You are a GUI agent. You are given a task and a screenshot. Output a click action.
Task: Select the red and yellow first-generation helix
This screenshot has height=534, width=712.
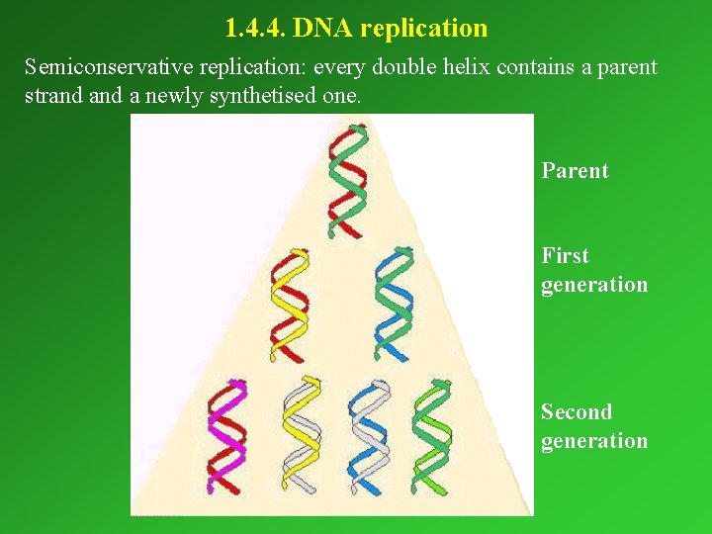point(289,305)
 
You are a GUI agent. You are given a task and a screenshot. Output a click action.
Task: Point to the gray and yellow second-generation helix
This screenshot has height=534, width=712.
point(301,435)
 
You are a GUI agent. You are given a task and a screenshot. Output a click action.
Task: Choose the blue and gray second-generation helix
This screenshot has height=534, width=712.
point(369,435)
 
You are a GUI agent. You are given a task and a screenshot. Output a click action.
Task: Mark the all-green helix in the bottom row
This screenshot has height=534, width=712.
point(431,435)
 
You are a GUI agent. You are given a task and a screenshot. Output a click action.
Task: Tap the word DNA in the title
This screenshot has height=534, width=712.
point(324,28)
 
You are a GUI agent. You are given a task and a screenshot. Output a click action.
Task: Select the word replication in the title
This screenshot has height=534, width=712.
point(424,28)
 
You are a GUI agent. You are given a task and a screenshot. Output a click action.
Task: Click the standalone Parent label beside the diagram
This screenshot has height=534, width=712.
point(575,171)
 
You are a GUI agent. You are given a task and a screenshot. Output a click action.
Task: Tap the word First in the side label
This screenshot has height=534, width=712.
point(565,256)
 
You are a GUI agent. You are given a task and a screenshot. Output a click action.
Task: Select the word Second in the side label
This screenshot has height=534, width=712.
point(577,412)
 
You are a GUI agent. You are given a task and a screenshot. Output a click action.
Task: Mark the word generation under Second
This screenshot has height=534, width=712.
point(594,441)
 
